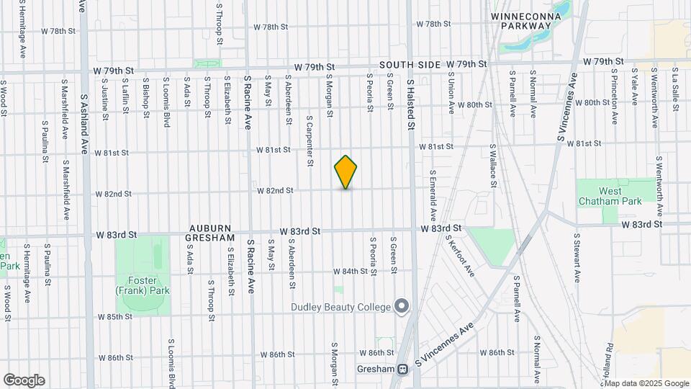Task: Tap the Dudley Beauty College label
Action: click(x=340, y=307)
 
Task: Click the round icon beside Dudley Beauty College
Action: click(x=402, y=307)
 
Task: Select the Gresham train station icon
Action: click(x=403, y=370)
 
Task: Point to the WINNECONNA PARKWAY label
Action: click(x=521, y=20)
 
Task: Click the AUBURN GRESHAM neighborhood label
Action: click(x=210, y=232)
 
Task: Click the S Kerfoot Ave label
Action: click(x=459, y=255)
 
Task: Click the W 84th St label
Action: click(x=350, y=272)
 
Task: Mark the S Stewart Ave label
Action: click(x=577, y=256)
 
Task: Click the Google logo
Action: click(x=24, y=380)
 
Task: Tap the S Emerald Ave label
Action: click(x=433, y=194)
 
